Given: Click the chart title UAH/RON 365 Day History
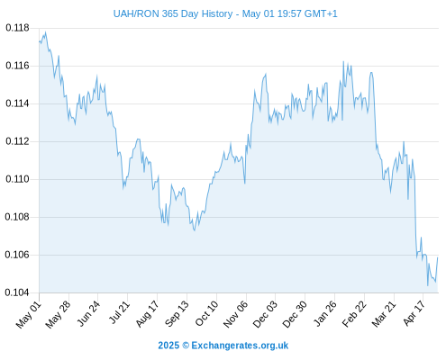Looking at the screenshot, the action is coord(173,13).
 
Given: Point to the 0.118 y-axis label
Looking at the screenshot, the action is coord(17,28).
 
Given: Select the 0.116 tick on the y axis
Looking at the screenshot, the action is coord(17,66).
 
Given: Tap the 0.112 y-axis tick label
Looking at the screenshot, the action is coord(17,141).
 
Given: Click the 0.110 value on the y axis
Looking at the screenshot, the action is coord(17,179).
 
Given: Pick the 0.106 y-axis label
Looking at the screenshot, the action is coord(17,255).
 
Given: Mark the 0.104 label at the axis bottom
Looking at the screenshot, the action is coord(17,292).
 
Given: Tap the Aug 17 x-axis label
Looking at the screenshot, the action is coord(147,314).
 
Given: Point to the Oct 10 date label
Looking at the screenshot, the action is coord(206,314).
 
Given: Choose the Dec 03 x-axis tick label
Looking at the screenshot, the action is coord(265,314).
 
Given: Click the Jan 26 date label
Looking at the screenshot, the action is coord(324,314).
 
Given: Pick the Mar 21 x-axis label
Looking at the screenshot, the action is coord(384,314).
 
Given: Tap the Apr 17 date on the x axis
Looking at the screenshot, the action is coord(414,313).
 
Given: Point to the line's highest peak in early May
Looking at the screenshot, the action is coord(45,31).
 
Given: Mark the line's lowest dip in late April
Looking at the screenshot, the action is coord(428,285).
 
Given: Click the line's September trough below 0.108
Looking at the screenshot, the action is coord(195,230).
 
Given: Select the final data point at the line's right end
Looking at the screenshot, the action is coord(438,257).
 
